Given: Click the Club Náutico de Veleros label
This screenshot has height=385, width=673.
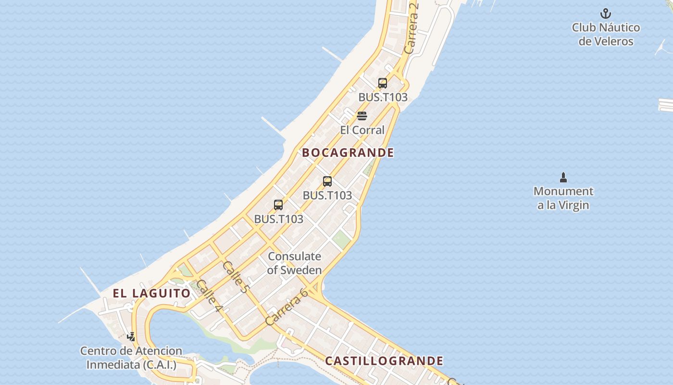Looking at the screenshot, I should click(x=606, y=34).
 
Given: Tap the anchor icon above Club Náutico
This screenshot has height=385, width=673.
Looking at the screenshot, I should click(x=606, y=13).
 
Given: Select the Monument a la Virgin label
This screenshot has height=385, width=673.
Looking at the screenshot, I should click(x=563, y=198).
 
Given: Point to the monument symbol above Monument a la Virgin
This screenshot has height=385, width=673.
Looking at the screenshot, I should click(x=563, y=178).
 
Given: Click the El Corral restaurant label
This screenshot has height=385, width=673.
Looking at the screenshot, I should click(x=362, y=130).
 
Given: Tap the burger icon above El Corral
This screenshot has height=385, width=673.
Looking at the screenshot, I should click(x=362, y=116).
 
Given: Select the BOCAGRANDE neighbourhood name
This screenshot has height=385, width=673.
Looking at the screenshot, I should click(x=348, y=153).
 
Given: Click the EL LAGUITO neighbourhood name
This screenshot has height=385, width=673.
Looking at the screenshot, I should click(x=152, y=293).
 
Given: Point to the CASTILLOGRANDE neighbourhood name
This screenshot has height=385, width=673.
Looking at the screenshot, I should click(x=384, y=361).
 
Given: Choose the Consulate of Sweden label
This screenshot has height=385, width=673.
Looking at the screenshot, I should click(x=294, y=263).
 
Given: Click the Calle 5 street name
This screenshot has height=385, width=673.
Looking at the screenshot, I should click(x=236, y=277).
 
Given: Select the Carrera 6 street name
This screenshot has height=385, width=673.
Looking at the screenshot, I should click(x=287, y=307).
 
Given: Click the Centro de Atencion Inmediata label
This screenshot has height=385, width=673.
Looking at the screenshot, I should click(x=131, y=358).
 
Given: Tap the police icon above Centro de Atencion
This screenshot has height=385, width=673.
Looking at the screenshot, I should click(x=131, y=336).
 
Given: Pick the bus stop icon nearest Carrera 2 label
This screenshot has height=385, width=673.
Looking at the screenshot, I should click(x=383, y=83).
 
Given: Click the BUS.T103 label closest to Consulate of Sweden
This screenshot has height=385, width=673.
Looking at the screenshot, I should click(x=279, y=219).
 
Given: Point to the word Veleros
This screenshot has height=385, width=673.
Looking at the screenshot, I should click(x=606, y=41).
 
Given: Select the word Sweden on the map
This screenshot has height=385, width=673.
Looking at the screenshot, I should click(x=301, y=270).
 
